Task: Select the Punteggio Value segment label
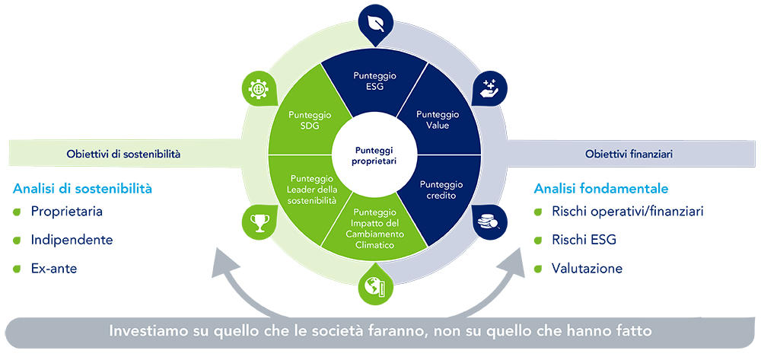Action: [438, 119]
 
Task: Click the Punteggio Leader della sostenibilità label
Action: [309, 189]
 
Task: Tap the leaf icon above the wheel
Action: [374, 23]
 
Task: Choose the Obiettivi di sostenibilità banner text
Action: [123, 155]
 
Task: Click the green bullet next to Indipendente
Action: [17, 241]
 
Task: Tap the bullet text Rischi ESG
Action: [584, 241]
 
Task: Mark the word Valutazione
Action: [587, 269]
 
